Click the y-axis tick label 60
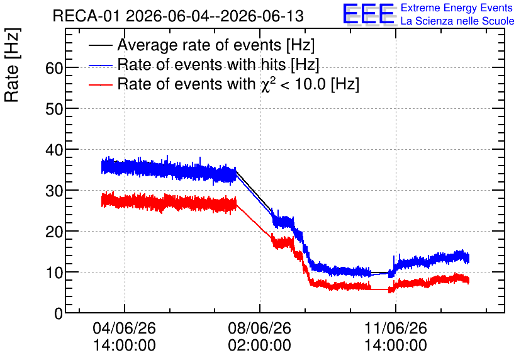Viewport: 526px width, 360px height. [54, 68]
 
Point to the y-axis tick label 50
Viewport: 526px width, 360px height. [54, 109]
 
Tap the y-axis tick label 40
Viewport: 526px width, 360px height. [54, 150]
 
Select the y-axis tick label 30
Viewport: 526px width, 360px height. [54, 191]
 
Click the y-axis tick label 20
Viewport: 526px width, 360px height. [54, 232]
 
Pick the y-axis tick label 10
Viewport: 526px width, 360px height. [54, 273]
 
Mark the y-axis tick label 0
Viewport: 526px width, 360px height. [59, 313]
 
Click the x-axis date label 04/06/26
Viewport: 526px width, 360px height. [125, 328]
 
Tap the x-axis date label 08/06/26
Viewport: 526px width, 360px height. [260, 328]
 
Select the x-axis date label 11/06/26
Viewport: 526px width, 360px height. [396, 328]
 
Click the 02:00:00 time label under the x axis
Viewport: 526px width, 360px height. [260, 346]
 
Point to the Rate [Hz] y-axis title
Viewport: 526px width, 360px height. [12, 65]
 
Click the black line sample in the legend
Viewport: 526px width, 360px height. [100, 45]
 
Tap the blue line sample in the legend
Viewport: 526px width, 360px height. [100, 65]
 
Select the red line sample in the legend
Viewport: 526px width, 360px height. [100, 84]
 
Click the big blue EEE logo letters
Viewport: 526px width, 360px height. [369, 14]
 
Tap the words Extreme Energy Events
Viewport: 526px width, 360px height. [457, 8]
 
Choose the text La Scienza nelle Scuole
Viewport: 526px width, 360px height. [457, 21]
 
